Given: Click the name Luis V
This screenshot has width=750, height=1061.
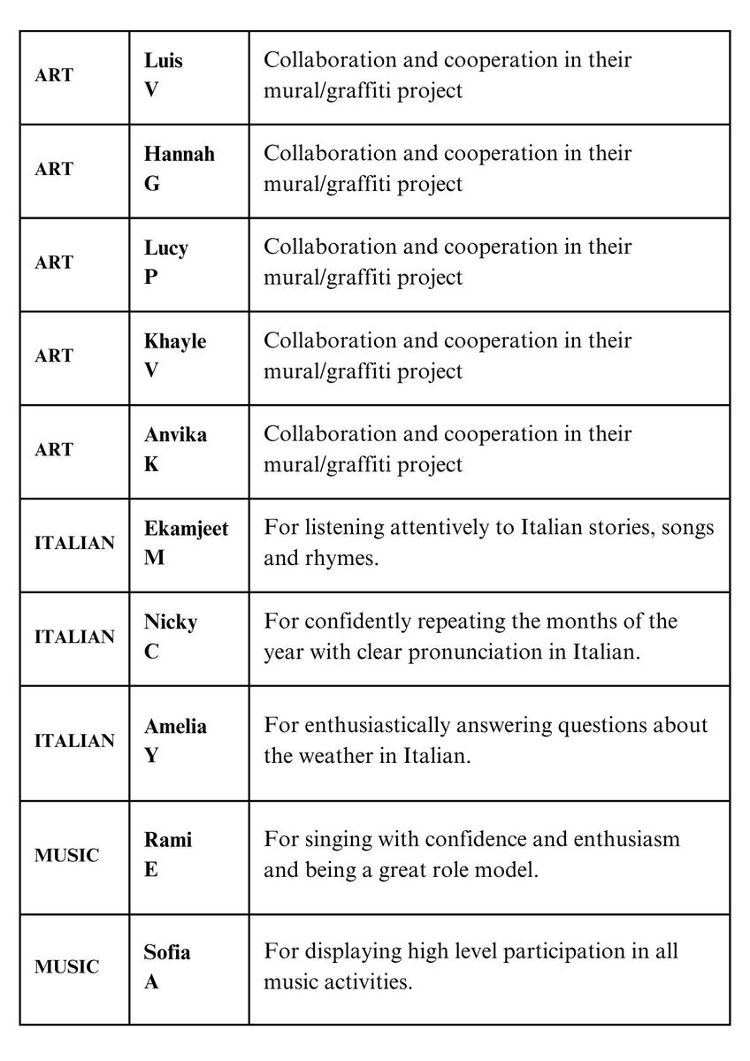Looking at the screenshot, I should click(164, 75).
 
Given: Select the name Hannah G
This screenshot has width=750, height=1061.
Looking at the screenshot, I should click(179, 169).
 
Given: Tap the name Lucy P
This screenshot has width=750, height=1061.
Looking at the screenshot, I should click(166, 263).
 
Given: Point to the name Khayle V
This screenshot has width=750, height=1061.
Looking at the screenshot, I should click(175, 355).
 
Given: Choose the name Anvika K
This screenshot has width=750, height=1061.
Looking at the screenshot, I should click(175, 449).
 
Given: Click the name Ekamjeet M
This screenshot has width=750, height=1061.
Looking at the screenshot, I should click(186, 543).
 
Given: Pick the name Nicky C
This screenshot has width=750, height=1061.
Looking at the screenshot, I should click(171, 637).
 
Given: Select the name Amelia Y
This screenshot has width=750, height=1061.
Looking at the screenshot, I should click(175, 741).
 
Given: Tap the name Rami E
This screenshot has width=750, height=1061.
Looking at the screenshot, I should click(168, 854).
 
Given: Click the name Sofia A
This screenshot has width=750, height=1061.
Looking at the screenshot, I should click(167, 966).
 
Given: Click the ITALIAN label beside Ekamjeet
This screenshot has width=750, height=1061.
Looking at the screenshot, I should click(74, 544).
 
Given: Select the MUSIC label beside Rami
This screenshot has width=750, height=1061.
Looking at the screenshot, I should click(67, 855).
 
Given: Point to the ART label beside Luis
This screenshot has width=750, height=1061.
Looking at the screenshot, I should click(54, 76).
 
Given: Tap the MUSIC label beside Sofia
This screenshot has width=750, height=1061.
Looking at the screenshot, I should click(67, 967).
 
